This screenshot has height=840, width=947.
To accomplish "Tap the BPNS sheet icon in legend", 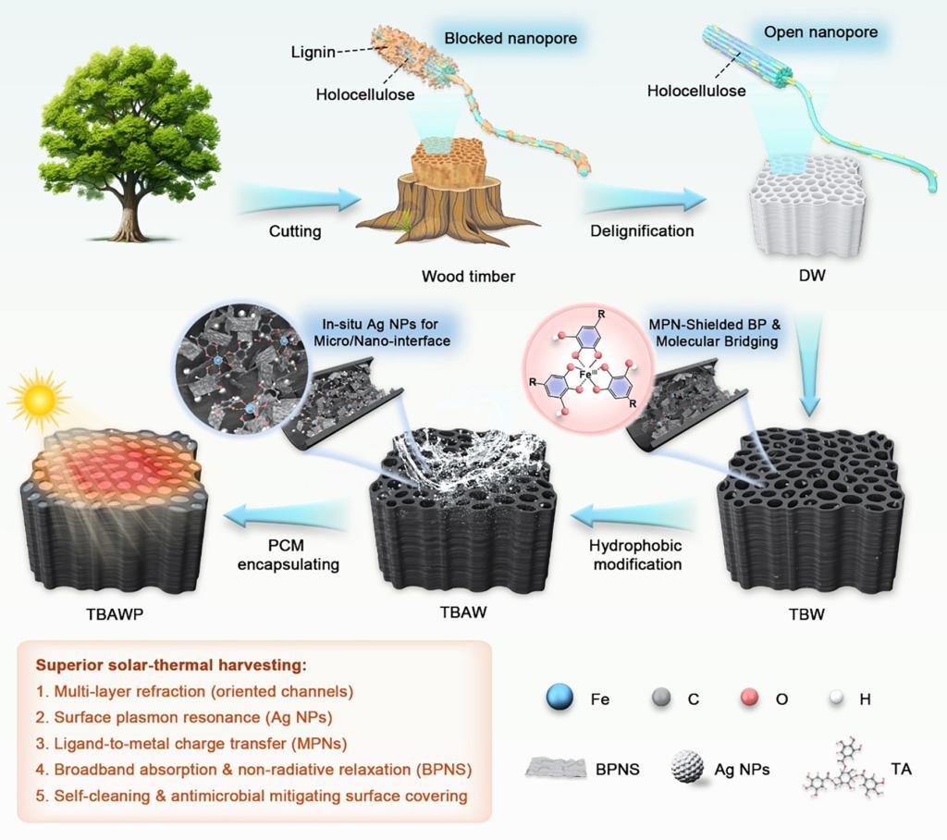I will click(x=560, y=767).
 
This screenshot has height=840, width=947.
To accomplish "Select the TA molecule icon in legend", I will click(x=841, y=767).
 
